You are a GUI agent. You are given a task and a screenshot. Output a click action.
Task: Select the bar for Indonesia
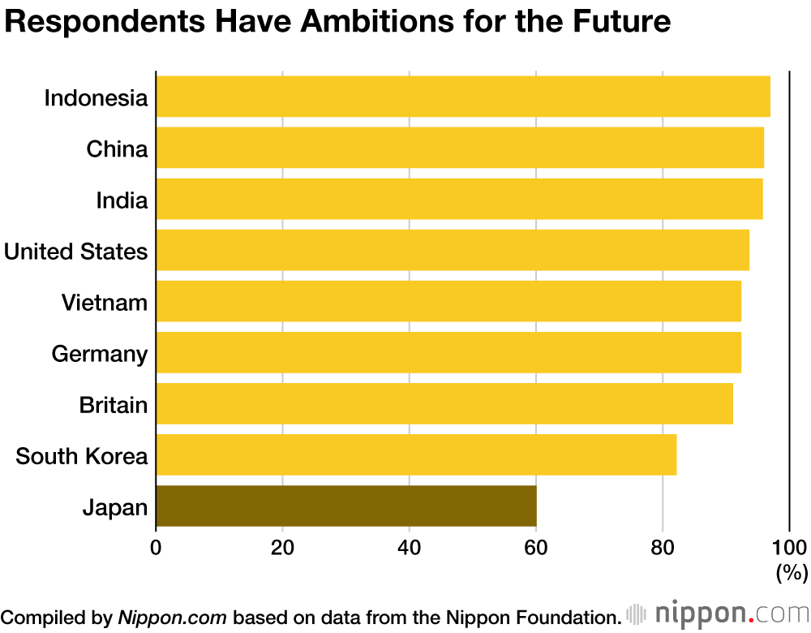pos(462,97)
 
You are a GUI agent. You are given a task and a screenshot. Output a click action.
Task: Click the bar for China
pos(459,148)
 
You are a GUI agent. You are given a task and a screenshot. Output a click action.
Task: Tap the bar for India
pos(458,199)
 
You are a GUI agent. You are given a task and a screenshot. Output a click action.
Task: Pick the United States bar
pos(452,250)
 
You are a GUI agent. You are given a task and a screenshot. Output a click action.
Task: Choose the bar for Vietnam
pos(448,301)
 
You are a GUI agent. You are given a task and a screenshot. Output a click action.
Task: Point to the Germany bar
pos(448,352)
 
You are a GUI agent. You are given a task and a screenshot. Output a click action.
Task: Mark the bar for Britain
pos(444,403)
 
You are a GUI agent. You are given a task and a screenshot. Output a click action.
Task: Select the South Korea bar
pos(415,454)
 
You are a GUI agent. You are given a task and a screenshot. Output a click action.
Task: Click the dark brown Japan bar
pos(345,506)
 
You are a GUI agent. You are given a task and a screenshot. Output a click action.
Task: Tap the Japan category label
pos(115,509)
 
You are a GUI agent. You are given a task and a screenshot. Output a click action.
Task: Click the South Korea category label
pos(82,456)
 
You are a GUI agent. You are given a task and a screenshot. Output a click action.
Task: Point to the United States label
pos(76,252)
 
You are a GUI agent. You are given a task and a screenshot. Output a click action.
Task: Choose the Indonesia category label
pos(96,98)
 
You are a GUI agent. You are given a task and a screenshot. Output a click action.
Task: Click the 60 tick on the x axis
pos(536,545)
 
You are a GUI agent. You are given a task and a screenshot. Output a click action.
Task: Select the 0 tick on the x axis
pos(156,545)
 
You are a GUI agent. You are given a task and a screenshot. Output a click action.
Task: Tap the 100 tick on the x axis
pos(789,545)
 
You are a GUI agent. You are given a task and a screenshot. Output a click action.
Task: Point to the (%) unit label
pos(791,572)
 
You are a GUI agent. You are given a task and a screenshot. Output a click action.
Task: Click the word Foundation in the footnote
pos(560,616)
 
